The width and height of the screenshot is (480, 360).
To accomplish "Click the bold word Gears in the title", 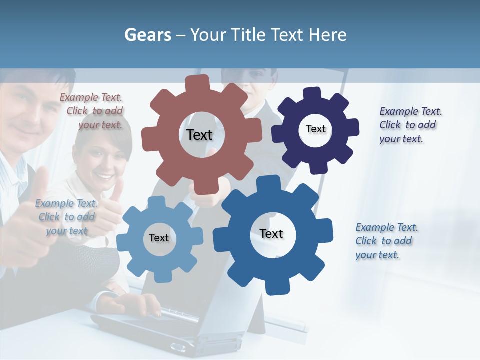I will pos(147,35).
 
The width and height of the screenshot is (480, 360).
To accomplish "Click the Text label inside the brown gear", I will pos(199,135).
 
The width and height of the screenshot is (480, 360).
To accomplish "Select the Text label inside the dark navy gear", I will pos(315,129).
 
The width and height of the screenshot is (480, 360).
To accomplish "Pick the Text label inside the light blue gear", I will pos(159,238).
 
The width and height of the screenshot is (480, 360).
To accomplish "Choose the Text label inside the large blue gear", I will pos(271,233).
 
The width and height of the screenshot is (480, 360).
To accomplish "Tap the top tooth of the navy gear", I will pos(313,94).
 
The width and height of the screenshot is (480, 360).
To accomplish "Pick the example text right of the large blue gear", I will pos(385,241).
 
